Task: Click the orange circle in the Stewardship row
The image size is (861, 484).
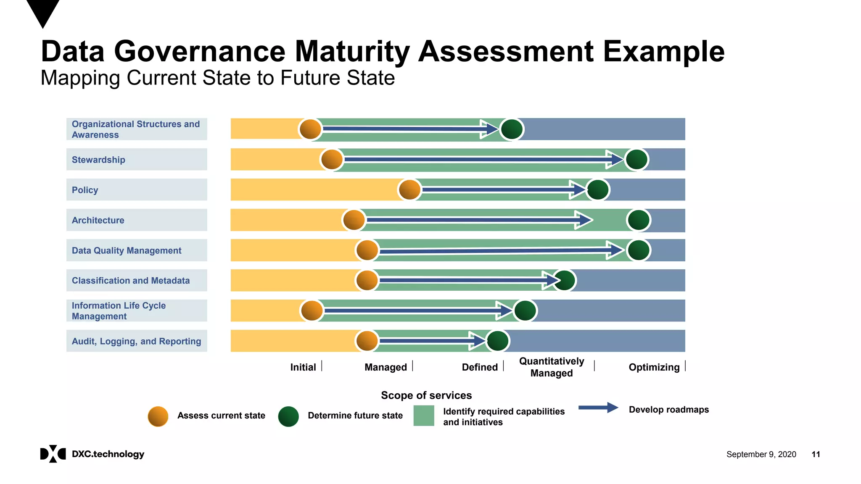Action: [x=332, y=160]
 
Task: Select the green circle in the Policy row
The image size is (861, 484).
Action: [x=597, y=189]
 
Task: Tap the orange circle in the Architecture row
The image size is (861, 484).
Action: [x=354, y=220]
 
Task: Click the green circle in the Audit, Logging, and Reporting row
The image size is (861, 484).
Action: [x=498, y=341]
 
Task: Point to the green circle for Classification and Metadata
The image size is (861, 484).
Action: [x=564, y=280]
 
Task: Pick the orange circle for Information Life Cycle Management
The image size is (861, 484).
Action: [x=312, y=311]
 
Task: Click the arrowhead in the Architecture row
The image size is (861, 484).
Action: [x=584, y=220]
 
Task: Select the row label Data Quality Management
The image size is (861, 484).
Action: [x=127, y=250]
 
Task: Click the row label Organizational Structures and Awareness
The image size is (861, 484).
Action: [x=136, y=129]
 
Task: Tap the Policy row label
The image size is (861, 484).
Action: [x=85, y=190]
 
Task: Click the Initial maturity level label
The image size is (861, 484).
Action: [x=303, y=367]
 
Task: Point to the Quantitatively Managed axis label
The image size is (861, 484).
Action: [x=552, y=367]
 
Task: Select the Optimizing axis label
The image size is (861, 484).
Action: [x=654, y=367]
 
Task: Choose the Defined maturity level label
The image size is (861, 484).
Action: [x=480, y=367]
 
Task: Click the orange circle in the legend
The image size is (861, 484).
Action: [x=158, y=416]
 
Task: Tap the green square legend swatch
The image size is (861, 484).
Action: [x=424, y=416]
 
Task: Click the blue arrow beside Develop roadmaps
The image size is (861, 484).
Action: [x=598, y=408]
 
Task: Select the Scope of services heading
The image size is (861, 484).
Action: [x=426, y=395]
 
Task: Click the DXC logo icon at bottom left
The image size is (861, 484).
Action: [x=53, y=454]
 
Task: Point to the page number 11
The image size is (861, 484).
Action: [x=816, y=454]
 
